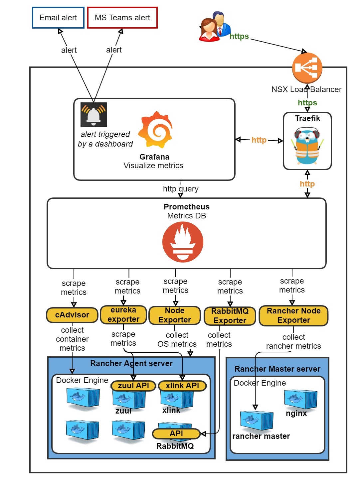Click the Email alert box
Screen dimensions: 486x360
[58, 18]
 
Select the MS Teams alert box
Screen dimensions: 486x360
[122, 18]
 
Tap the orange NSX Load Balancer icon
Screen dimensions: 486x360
[307, 68]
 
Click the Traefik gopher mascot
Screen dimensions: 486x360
[307, 146]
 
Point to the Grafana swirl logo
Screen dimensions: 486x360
[156, 130]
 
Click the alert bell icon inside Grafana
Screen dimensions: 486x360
[93, 115]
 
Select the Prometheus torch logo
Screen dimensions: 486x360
[183, 242]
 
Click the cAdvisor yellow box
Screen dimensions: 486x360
[72, 315]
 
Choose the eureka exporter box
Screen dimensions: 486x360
[123, 314]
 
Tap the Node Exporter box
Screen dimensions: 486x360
[175, 315]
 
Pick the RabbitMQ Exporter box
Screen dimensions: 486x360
[230, 316]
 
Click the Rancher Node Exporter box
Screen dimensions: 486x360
[293, 315]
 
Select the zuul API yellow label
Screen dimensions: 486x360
[133, 386]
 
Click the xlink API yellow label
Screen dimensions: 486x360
[182, 386]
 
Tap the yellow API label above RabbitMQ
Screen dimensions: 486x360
[176, 433]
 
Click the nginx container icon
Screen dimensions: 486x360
[300, 399]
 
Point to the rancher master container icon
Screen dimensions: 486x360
[257, 421]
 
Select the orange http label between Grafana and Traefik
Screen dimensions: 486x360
[259, 140]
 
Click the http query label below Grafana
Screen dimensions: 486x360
[181, 189]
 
